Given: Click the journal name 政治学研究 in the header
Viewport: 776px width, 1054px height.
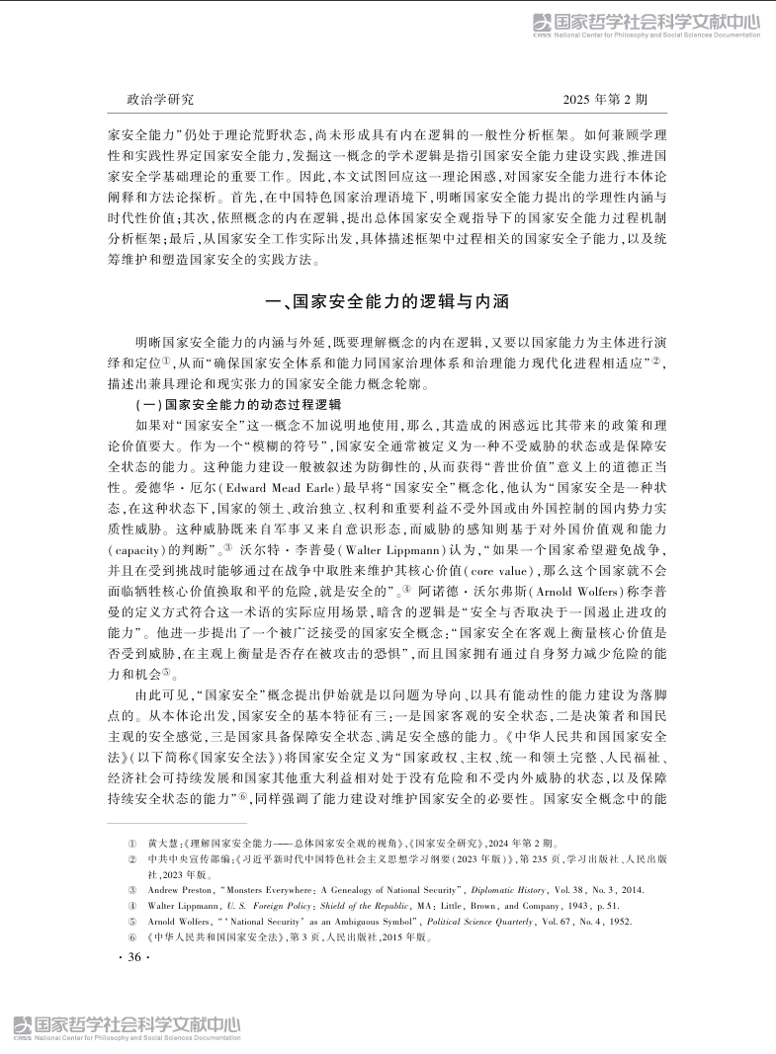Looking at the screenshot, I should click(x=161, y=100).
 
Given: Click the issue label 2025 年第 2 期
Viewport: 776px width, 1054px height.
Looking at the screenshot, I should click(x=605, y=100).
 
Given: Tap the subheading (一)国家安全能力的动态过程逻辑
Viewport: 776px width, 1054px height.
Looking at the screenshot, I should click(x=237, y=404).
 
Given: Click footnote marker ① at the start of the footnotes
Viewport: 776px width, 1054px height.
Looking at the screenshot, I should click(x=131, y=845).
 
